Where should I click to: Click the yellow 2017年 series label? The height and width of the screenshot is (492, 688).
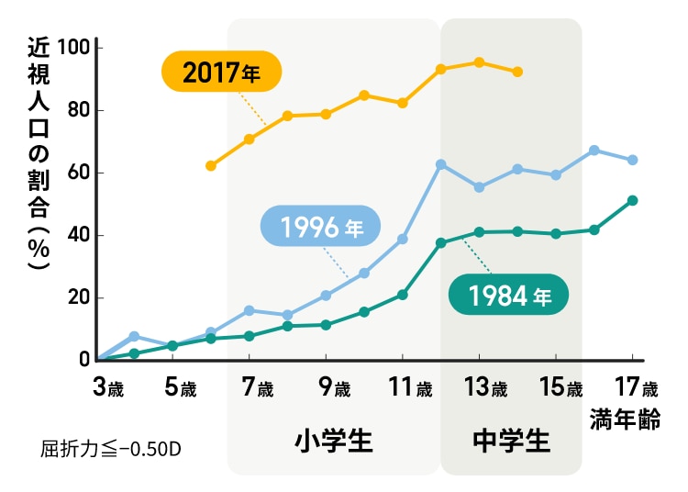coord(221,73)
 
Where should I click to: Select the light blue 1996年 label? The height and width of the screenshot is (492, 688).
coord(320,227)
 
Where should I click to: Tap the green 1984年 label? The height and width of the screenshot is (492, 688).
coord(508,296)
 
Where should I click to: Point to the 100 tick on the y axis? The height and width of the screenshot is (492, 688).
coord(73,47)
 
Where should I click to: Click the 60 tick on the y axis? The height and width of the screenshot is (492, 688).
coord(78,173)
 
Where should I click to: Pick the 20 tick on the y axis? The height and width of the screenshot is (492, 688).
coord(78,297)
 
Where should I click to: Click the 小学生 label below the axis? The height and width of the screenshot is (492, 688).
coord(334,441)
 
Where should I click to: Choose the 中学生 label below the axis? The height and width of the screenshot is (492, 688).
coord(511,441)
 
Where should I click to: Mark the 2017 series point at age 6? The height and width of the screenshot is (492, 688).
coord(211,166)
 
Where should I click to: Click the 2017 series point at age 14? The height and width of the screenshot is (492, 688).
coord(517,72)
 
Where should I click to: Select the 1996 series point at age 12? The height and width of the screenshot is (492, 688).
coord(441,164)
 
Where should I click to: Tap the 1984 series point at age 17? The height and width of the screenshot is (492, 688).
coord(633,200)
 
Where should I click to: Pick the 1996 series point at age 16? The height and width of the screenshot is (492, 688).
coord(594,150)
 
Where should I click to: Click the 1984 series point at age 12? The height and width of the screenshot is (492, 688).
coord(441,242)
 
